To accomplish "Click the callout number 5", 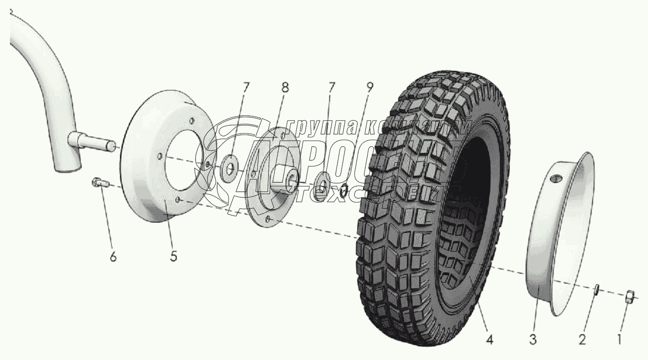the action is (x=173, y=256).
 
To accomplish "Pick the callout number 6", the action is (x=113, y=256).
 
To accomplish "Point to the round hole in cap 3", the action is (x=557, y=178).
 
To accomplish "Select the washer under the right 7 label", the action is (x=322, y=180).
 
